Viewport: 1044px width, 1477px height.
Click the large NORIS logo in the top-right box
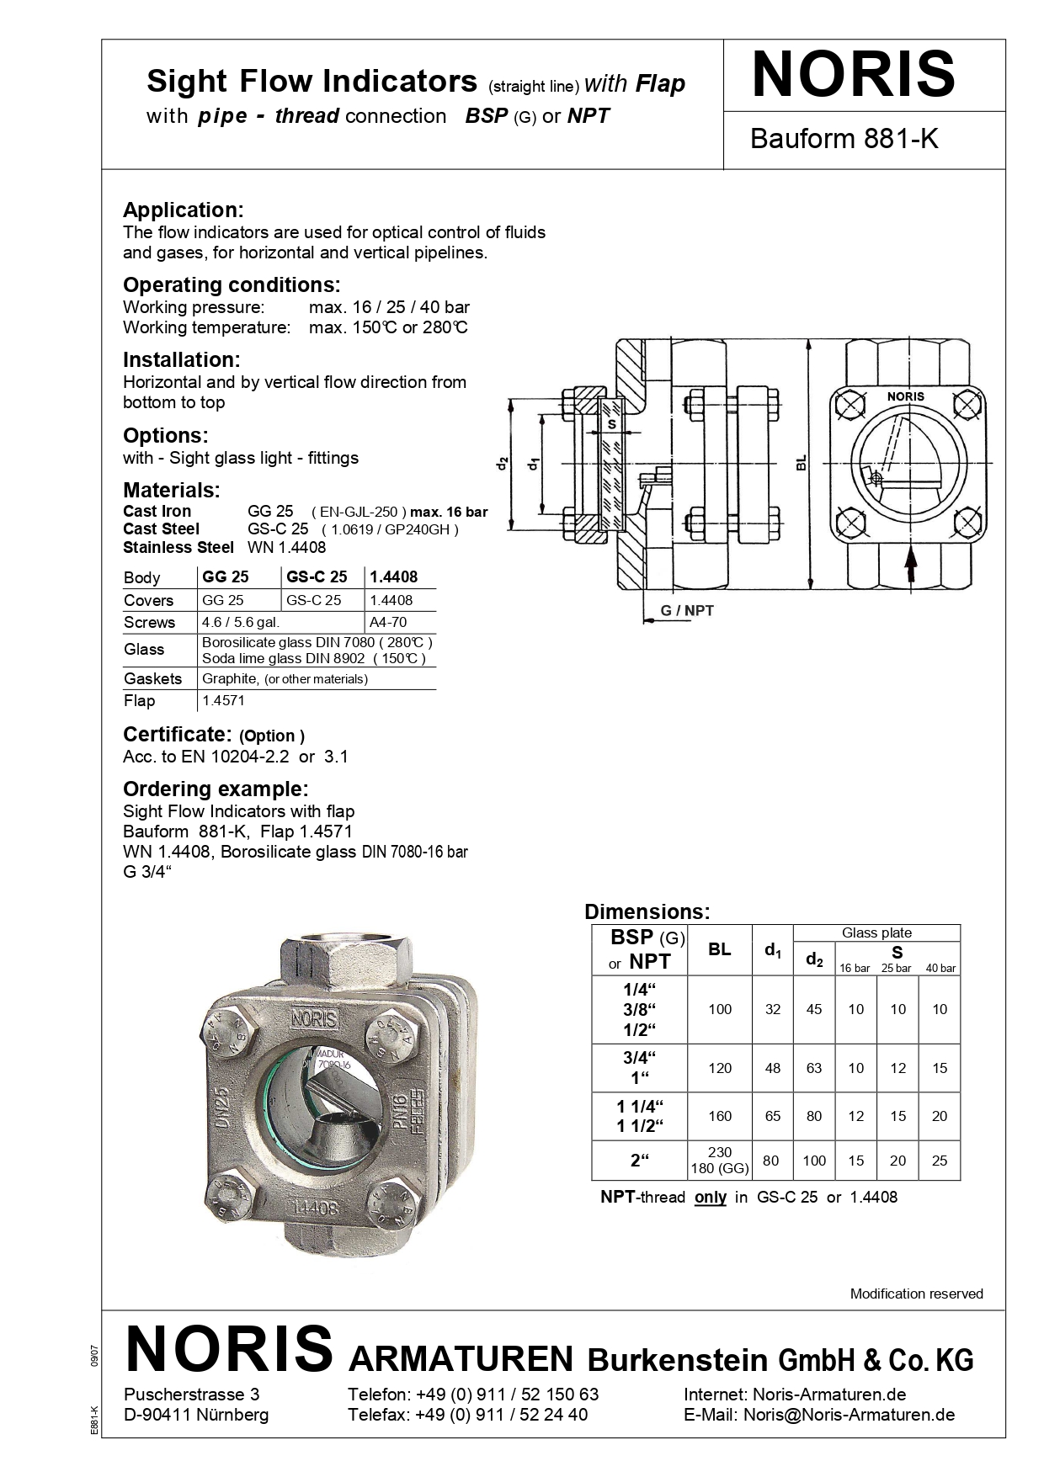click(854, 76)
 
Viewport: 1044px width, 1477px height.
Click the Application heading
click(184, 210)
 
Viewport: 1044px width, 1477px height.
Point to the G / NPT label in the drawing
click(687, 610)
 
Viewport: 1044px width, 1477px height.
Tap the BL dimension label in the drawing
click(802, 462)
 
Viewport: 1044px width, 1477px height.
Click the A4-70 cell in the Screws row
click(387, 622)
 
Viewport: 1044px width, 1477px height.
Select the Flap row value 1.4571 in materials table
click(223, 700)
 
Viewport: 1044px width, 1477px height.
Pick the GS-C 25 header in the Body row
click(317, 577)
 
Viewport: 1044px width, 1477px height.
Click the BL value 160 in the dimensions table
click(720, 1116)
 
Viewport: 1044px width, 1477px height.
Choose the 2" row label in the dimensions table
click(641, 1161)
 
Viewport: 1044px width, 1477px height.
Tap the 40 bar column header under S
click(940, 968)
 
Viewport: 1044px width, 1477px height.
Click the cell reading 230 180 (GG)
click(720, 1161)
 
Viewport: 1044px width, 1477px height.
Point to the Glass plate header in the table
click(876, 932)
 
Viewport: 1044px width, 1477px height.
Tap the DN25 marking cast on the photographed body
click(222, 1108)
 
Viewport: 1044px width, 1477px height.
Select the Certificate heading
click(177, 734)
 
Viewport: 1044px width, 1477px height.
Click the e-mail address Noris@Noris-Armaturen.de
click(849, 1415)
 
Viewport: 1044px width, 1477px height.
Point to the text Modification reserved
click(916, 1294)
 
